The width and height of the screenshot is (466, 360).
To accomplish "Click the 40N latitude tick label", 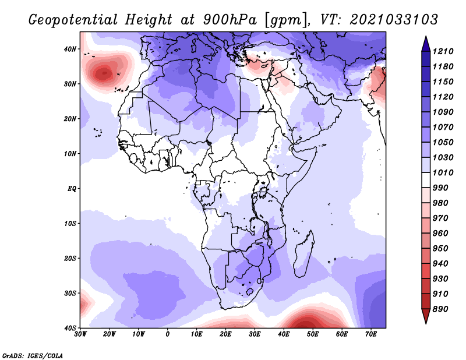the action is point(70,49).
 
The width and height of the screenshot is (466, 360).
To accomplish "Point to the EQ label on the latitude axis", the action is point(72,189).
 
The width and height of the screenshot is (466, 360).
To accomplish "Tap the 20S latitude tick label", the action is point(70,258).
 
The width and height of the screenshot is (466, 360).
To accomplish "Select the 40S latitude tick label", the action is point(70,328).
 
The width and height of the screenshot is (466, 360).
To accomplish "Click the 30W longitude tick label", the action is point(80,334).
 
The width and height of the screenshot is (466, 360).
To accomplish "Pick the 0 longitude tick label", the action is point(168,334).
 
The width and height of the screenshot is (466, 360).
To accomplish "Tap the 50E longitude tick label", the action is point(313,334).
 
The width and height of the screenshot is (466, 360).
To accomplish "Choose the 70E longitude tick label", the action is point(371,334).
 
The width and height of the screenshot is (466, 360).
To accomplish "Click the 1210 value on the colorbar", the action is point(443,51).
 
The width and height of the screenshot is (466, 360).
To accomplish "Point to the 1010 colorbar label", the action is point(443,172).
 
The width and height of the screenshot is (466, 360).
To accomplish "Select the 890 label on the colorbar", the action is point(440,309).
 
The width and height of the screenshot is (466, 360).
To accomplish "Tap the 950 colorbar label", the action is point(440,249).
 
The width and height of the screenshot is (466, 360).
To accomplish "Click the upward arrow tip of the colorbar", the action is point(426,37).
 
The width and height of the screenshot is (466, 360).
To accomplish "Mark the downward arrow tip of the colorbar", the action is point(426,323).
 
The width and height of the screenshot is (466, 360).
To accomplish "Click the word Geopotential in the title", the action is point(73,20).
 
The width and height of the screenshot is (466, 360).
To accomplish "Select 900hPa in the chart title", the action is point(230,20).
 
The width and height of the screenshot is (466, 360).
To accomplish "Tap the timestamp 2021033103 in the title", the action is point(394,20).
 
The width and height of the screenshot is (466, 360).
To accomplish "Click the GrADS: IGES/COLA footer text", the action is point(33,355).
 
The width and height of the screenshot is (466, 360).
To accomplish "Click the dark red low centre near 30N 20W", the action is point(104,73).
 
